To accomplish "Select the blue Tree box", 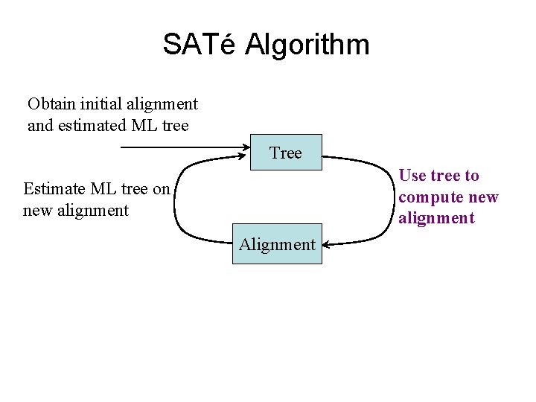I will point(286,153).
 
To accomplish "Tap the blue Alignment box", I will point(277,243).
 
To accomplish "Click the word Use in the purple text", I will point(412,176).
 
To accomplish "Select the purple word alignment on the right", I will point(435,218).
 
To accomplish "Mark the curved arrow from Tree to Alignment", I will point(384,199).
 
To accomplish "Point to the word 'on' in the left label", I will point(161,188).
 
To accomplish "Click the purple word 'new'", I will point(483,197).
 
